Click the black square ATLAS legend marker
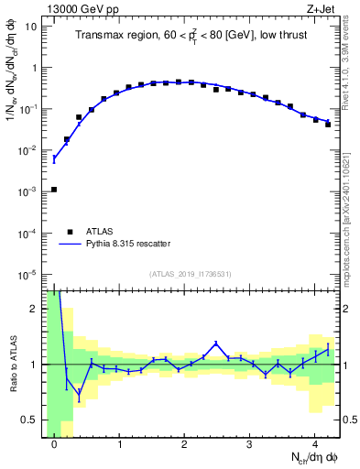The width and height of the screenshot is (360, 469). click(67, 232)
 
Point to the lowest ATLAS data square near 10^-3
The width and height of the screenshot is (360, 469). click(54, 190)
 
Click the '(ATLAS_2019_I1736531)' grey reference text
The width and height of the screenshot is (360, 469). click(191, 275)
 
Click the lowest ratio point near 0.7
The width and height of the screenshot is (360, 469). click(79, 395)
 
